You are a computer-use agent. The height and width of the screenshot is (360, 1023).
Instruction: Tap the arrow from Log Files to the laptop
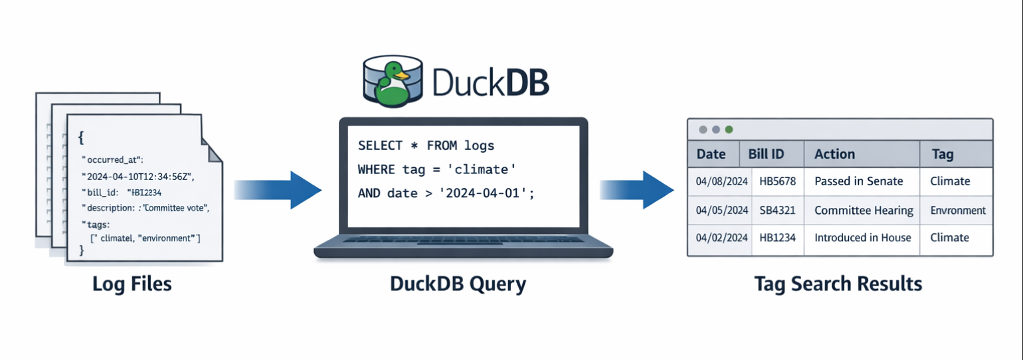pos(278,190)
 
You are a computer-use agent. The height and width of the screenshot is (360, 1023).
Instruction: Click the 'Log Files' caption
pos(132,284)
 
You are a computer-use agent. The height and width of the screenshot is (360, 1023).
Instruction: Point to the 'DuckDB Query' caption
pos(458,284)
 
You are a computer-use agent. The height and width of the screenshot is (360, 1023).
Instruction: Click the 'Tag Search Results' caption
pos(838,284)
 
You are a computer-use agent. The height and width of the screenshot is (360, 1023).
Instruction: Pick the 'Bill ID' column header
pos(766,154)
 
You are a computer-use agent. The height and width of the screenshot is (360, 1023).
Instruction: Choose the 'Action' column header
pos(834,154)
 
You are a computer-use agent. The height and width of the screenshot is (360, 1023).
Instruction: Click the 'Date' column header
pos(711,154)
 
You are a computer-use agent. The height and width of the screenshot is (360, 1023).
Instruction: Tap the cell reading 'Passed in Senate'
pos(858,181)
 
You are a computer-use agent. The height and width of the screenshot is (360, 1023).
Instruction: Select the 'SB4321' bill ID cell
pos(777,211)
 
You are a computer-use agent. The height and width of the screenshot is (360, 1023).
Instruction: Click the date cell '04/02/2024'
pos(721,238)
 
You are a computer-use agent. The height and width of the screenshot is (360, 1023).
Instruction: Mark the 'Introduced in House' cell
pos(862,238)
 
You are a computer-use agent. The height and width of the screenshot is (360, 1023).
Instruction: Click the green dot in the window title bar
pos(729,130)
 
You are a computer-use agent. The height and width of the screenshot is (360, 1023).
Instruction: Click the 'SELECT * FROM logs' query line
pos(426,145)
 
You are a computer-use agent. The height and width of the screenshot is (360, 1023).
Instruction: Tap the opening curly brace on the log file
pos(81,138)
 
